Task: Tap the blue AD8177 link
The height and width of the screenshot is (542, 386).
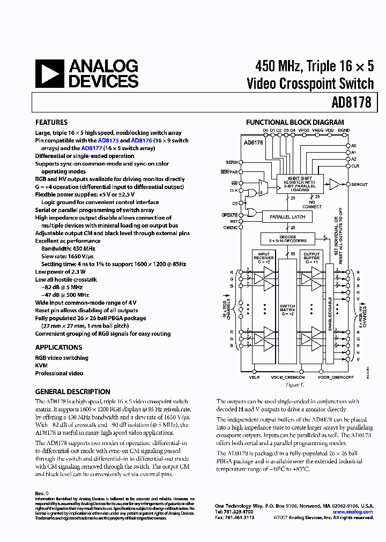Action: pyautogui.click(x=92, y=148)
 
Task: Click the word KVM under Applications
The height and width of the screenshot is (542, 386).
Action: pyautogui.click(x=41, y=366)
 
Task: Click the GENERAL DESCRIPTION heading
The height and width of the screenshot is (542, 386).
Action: pyautogui.click(x=72, y=392)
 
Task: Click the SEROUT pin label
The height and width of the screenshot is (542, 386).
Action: pyautogui.click(x=360, y=184)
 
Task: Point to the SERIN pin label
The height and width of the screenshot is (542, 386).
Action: pyautogui.click(x=232, y=162)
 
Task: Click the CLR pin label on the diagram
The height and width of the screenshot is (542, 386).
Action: pyautogui.click(x=355, y=166)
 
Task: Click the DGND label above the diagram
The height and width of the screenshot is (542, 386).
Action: pyautogui.click(x=344, y=130)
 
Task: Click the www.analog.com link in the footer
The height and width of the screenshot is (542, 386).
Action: pyautogui.click(x=353, y=512)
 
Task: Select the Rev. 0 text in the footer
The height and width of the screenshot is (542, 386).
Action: pyautogui.click(x=42, y=493)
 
